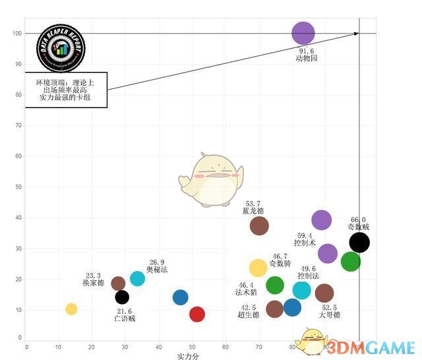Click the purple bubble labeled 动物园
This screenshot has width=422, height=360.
(303, 33)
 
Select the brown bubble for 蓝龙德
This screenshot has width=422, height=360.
(259, 225)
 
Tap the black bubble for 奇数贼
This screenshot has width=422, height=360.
(359, 243)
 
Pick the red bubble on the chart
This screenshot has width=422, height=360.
(196, 314)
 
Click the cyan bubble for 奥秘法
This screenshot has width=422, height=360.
(137, 278)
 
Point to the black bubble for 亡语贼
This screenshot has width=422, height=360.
(122, 297)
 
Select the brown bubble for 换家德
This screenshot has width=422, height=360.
(118, 284)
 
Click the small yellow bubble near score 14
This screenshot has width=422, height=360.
(71, 309)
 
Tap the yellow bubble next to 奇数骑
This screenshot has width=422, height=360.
(258, 268)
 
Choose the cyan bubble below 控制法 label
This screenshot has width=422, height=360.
(301, 290)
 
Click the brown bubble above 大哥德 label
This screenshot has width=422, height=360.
(324, 293)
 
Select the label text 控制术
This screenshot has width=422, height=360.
(305, 243)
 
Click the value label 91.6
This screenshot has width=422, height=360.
(307, 51)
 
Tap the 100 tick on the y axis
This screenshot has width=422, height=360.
(16, 34)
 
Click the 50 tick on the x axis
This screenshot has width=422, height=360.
(192, 346)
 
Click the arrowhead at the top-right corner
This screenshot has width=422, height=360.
(357, 33)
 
